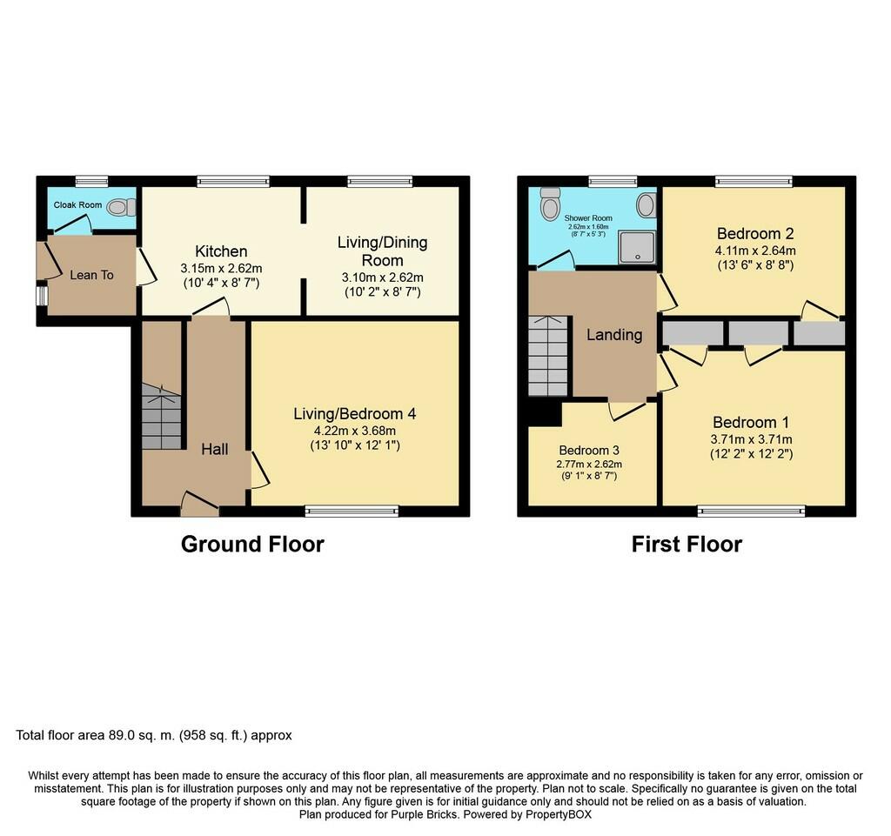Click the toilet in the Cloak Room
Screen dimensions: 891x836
[x=121, y=207]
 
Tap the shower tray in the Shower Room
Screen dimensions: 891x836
[x=637, y=247]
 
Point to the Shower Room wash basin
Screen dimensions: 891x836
[x=646, y=204]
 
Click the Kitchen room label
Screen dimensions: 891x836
[x=221, y=251]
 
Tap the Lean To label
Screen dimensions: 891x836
[x=91, y=275]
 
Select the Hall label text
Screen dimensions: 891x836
[x=215, y=449]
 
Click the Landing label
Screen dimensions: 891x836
[x=614, y=335]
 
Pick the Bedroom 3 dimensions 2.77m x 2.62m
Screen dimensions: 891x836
[x=589, y=464]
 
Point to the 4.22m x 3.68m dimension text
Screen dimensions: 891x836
[x=355, y=431]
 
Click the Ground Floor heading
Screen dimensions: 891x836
[x=252, y=544]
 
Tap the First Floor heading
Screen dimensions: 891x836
[x=687, y=544]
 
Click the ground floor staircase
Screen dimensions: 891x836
[x=161, y=417]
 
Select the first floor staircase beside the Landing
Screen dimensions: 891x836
[x=548, y=356]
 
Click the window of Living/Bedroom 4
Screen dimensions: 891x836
[x=352, y=512]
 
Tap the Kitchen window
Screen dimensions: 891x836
[x=233, y=181]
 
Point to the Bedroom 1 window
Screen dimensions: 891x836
[x=751, y=512]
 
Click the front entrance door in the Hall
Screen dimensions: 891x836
[x=200, y=505]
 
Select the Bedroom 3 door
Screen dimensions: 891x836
[x=628, y=410]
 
